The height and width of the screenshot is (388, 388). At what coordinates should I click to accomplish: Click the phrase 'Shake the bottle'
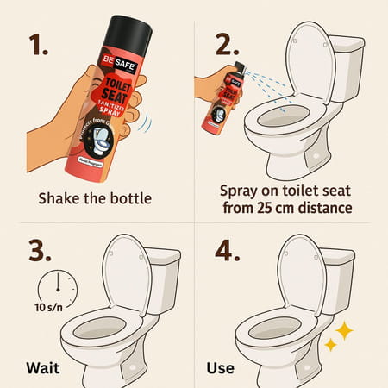pos(95,198)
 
